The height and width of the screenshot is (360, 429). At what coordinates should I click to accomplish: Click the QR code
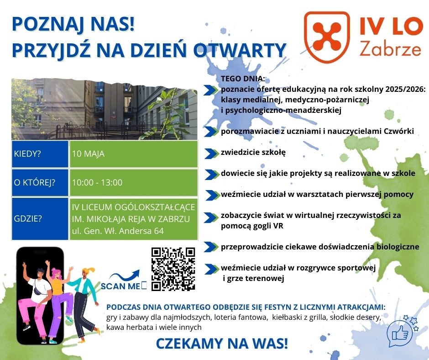pyautogui.click(x=173, y=269)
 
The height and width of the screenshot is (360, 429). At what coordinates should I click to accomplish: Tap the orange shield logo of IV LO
pyautogui.click(x=327, y=37)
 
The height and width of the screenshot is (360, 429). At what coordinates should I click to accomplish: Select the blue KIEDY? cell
pyautogui.click(x=40, y=154)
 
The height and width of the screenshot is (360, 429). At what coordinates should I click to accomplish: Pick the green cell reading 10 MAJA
pyautogui.click(x=134, y=154)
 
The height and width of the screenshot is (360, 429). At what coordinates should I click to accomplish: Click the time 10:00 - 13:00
pyautogui.click(x=97, y=182)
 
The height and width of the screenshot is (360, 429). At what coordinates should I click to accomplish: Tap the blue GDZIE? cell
pyautogui.click(x=40, y=219)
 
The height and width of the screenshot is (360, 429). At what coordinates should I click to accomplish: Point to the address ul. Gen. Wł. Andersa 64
pyautogui.click(x=118, y=231)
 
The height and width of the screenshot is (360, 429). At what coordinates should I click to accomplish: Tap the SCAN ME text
pyautogui.click(x=120, y=286)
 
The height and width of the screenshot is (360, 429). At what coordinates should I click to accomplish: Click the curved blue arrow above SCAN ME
pyautogui.click(x=125, y=275)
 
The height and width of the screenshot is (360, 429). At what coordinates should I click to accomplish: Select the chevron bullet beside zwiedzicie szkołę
pyautogui.click(x=211, y=154)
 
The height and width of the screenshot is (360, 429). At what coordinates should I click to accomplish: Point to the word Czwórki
pyautogui.click(x=399, y=131)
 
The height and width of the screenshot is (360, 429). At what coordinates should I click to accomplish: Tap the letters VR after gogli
pyautogui.click(x=278, y=226)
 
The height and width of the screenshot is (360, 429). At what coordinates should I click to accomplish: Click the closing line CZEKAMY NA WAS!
pyautogui.click(x=222, y=344)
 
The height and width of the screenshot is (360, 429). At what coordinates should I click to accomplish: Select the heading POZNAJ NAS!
pyautogui.click(x=73, y=24)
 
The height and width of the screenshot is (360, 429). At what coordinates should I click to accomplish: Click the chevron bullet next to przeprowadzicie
pyautogui.click(x=211, y=247)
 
